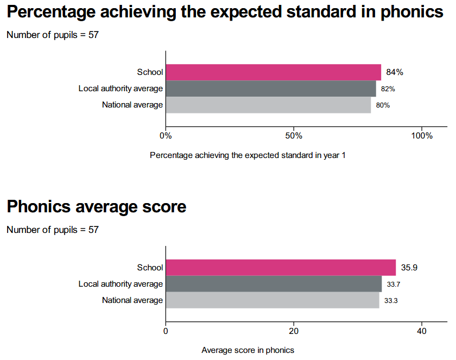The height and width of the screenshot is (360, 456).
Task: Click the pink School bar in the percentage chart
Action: (x=273, y=72)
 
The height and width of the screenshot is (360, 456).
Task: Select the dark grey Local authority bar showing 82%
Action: (x=270, y=89)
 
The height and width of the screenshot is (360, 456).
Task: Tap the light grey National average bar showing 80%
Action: (x=268, y=105)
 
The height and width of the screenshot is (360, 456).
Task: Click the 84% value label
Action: (x=395, y=72)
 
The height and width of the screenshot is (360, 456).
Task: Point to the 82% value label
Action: (x=388, y=89)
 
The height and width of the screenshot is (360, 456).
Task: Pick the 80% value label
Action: (x=383, y=105)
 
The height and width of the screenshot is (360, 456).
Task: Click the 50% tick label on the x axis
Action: (x=294, y=135)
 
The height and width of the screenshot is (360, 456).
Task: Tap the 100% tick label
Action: (x=422, y=135)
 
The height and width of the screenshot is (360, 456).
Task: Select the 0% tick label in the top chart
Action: (x=166, y=135)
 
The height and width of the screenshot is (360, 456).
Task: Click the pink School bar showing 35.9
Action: (x=281, y=268)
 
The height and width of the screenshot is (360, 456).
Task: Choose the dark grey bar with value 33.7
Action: (x=274, y=284)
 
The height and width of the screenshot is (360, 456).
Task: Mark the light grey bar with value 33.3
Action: (x=273, y=300)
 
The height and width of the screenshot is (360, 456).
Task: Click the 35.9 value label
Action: (x=409, y=268)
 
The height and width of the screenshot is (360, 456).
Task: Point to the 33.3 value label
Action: (x=391, y=300)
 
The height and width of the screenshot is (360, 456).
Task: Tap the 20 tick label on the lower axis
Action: (x=294, y=330)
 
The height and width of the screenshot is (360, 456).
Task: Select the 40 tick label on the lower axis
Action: (x=422, y=330)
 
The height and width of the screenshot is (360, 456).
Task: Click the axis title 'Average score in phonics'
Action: (x=248, y=350)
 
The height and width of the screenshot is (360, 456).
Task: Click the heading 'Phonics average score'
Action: (x=97, y=207)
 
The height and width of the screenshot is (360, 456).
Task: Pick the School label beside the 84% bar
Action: (x=150, y=72)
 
